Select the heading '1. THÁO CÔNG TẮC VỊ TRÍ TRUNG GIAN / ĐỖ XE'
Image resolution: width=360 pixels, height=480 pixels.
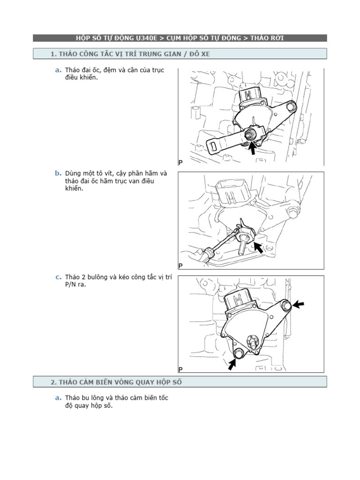pos(130,54)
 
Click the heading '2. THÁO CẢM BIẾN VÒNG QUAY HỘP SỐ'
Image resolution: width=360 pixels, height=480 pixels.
pos(116,382)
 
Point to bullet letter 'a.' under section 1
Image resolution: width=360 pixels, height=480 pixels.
pos(58,70)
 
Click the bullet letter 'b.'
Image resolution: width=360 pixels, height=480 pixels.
pos(58,173)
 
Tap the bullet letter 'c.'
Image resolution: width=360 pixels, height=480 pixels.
pos(58,277)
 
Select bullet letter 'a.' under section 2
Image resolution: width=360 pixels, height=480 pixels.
pos(58,397)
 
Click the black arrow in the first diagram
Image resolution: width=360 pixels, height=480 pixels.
pos(252,148)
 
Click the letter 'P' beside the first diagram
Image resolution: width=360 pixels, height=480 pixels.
pos(180,162)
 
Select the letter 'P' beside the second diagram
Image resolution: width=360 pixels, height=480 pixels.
pos(180,266)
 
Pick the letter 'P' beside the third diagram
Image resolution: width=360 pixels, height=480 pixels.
pos(180,369)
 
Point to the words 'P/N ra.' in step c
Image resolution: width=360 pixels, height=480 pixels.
pos(75,285)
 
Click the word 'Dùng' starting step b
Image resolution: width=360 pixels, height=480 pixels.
pos(74,173)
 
